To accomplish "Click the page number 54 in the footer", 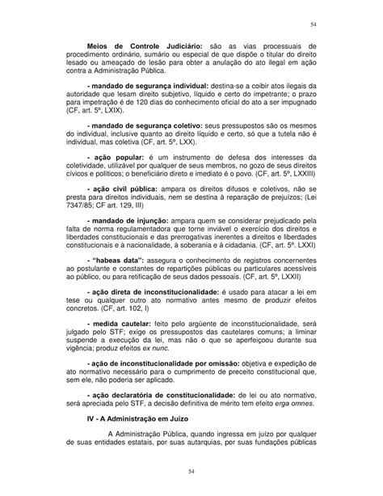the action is [x=191, y=469].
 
